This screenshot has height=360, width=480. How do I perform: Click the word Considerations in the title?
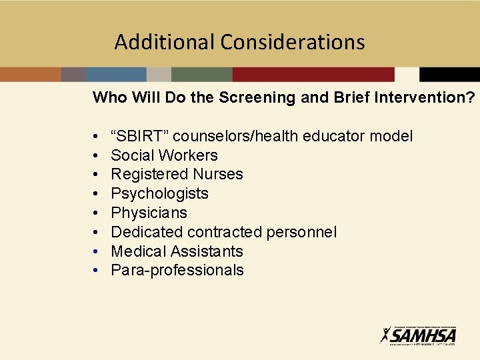click(x=293, y=42)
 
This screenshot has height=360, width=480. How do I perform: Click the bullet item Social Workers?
click(x=164, y=155)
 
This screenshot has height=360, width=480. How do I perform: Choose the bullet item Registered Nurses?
click(x=177, y=174)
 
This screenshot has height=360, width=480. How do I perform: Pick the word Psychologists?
click(x=159, y=193)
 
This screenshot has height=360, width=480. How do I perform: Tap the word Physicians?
click(x=149, y=213)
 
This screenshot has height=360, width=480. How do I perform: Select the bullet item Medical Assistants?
click(x=177, y=251)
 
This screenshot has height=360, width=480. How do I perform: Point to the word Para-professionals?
click(x=177, y=270)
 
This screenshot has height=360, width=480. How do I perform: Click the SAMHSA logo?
click(x=418, y=334)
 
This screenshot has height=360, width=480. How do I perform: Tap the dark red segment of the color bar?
click(x=313, y=74)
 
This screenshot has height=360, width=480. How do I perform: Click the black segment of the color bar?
click(x=449, y=74)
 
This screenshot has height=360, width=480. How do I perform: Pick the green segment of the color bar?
click(x=201, y=74)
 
